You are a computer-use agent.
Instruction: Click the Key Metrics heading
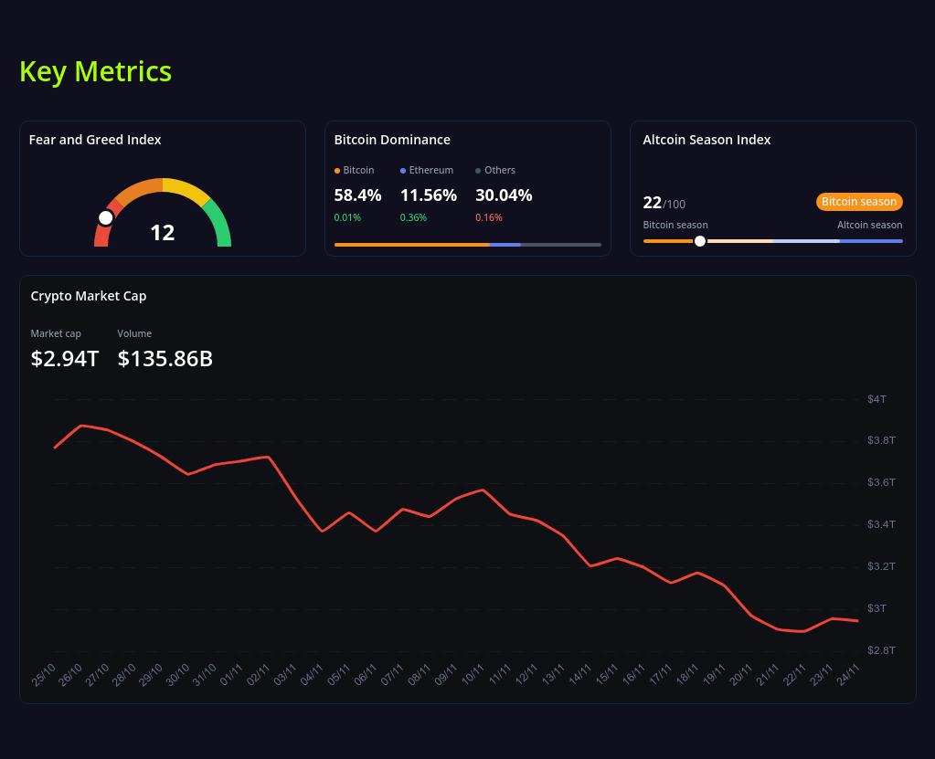(95, 71)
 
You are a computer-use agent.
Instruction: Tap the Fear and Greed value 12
(162, 233)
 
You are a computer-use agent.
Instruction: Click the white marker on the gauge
(106, 217)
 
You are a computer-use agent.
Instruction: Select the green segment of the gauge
(219, 224)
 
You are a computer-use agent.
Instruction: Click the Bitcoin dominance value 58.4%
(357, 195)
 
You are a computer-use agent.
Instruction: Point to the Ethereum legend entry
(427, 170)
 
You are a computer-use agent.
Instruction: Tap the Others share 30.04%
(504, 195)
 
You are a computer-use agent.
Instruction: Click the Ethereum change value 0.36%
(413, 217)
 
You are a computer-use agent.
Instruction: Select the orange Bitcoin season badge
(859, 202)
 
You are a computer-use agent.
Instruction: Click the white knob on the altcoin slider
(700, 241)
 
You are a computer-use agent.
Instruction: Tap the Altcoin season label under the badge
(869, 225)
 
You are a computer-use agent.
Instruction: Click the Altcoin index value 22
(652, 203)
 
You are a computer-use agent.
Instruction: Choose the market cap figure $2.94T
(64, 359)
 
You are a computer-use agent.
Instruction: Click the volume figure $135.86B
(165, 359)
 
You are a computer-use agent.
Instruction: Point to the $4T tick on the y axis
(877, 399)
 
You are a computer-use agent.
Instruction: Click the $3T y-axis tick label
(877, 608)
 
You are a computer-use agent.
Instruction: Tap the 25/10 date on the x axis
(44, 674)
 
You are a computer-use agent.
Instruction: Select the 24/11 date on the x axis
(848, 674)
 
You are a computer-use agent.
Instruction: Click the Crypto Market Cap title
(89, 296)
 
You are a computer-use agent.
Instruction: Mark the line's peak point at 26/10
(82, 426)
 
